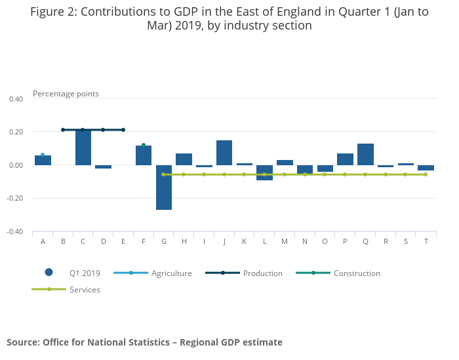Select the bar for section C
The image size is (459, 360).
click(83, 148)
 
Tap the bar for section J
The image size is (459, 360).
click(224, 153)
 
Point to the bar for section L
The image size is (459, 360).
click(264, 172)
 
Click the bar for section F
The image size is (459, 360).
click(144, 155)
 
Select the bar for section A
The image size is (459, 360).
click(43, 160)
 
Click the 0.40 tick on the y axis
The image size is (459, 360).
click(16, 99)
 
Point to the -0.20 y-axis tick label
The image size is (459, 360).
click(14, 199)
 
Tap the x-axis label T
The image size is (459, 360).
click(426, 241)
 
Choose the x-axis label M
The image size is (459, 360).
click(285, 241)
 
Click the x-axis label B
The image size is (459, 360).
click(63, 241)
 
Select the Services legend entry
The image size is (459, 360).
click(85, 289)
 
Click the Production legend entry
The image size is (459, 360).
click(262, 273)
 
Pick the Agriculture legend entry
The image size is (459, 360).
click(171, 273)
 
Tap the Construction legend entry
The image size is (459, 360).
click(356, 273)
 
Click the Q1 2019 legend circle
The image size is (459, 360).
click(49, 272)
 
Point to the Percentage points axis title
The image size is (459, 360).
click(66, 94)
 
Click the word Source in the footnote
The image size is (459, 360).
click(22, 342)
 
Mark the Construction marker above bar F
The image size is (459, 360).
click(144, 145)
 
